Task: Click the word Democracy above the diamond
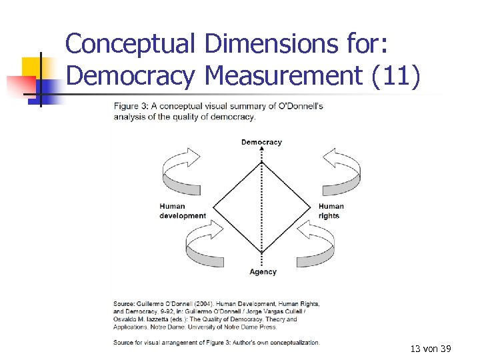[261, 142]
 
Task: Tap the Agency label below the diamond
[263, 272]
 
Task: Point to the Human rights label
[331, 211]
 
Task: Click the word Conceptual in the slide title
[130, 44]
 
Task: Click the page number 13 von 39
[431, 349]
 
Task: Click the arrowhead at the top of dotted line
[262, 150]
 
